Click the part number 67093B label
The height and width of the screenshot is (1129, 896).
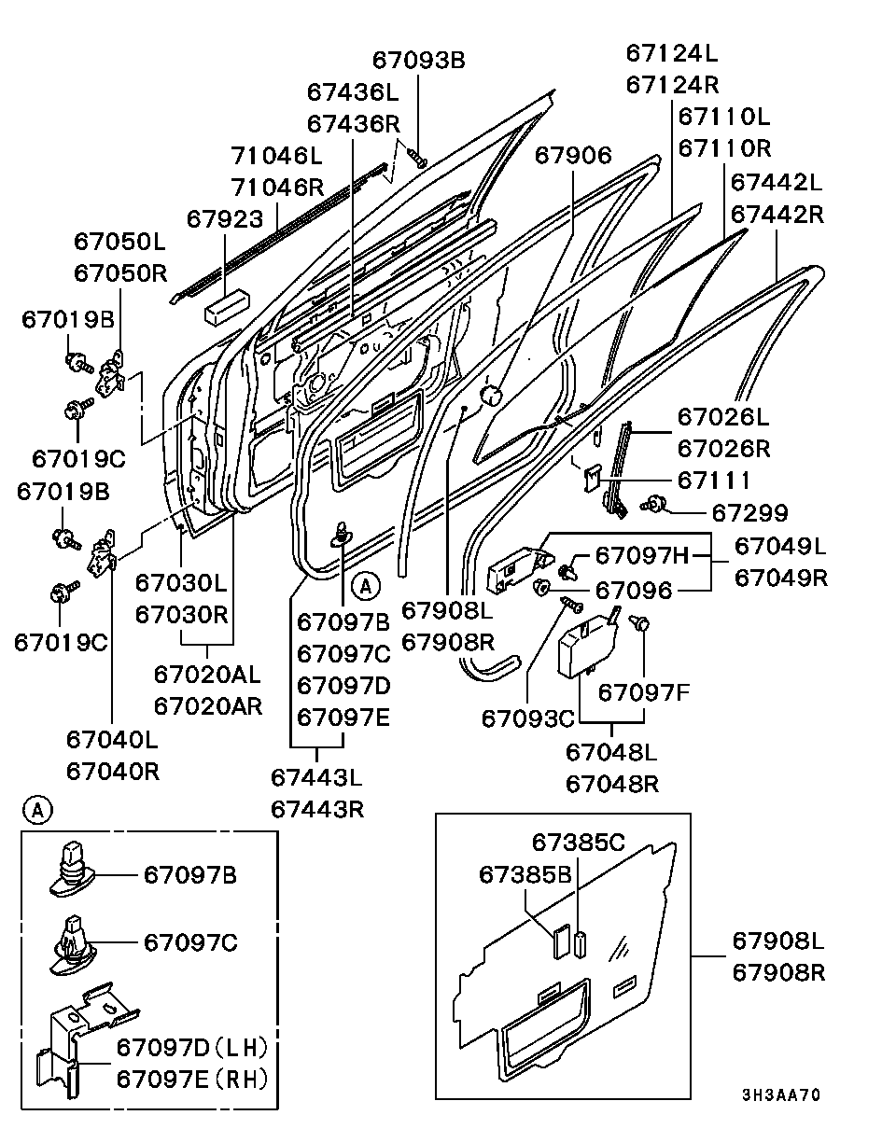(419, 61)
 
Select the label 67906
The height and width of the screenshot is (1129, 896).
(573, 156)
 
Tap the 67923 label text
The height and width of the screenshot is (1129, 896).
(225, 219)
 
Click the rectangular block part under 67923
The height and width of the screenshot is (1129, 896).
(227, 307)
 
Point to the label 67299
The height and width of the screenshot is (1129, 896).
(750, 513)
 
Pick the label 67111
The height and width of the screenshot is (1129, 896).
(714, 480)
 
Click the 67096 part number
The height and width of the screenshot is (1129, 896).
(634, 591)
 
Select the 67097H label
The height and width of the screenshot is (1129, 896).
(641, 555)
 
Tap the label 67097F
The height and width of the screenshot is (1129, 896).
(643, 693)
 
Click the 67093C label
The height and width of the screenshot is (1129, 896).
(527, 719)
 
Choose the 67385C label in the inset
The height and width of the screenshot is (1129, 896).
(579, 843)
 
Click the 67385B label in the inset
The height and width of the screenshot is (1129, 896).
(525, 875)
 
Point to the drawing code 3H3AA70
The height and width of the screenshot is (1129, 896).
(781, 1094)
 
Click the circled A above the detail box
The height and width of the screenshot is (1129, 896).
(37, 811)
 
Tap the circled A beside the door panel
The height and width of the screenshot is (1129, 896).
(366, 586)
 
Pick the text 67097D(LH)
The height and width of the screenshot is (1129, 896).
(192, 1048)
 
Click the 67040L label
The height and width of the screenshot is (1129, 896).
(112, 740)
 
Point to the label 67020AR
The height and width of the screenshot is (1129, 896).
(208, 706)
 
